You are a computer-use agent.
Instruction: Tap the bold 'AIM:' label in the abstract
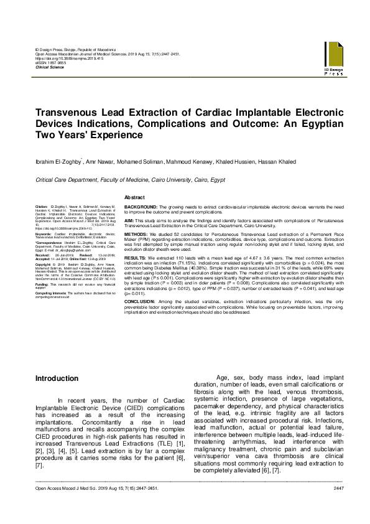tap(130, 221)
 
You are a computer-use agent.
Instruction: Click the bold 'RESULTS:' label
tap(136, 256)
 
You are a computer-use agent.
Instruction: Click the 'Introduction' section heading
tap(57, 378)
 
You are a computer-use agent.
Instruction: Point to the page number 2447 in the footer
tap(338, 505)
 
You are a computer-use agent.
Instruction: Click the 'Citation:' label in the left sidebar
tap(42, 205)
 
